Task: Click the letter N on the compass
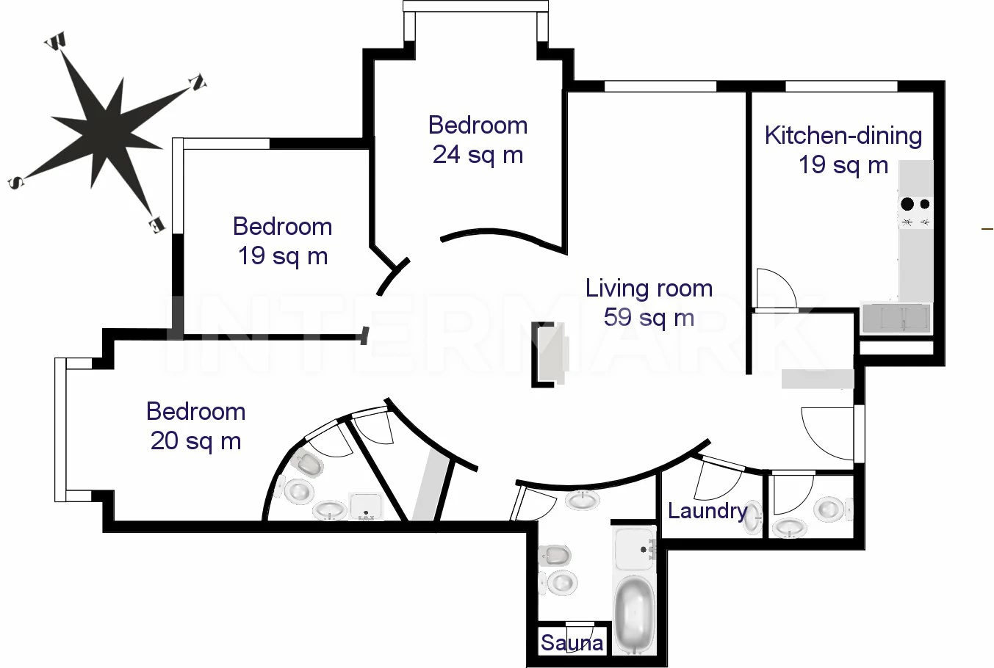198,83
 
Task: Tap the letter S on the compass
16,181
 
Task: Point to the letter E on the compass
156,225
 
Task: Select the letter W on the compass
57,41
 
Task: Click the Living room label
649,288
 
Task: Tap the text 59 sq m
649,317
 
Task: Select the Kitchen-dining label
843,135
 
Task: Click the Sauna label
572,642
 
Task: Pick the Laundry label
707,511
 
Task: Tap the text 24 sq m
478,155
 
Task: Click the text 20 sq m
195,440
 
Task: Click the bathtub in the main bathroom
634,614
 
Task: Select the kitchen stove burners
916,212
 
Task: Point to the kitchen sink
896,318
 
